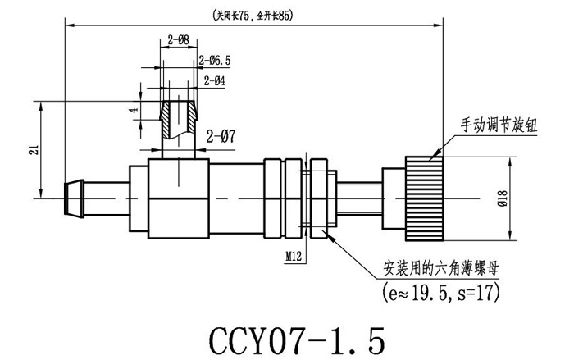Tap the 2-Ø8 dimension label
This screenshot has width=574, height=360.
[x=178, y=39]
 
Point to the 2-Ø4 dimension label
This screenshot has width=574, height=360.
[x=214, y=80]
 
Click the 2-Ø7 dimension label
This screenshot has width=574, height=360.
[x=221, y=137]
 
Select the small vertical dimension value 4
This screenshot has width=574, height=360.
[x=130, y=111]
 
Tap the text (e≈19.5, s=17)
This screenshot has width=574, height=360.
[x=440, y=290]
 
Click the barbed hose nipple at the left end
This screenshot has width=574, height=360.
[x=78, y=198]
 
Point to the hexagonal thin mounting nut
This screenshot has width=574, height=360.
[x=318, y=198]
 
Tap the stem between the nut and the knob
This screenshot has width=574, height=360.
[x=361, y=198]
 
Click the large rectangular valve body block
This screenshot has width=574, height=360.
[x=179, y=198]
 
